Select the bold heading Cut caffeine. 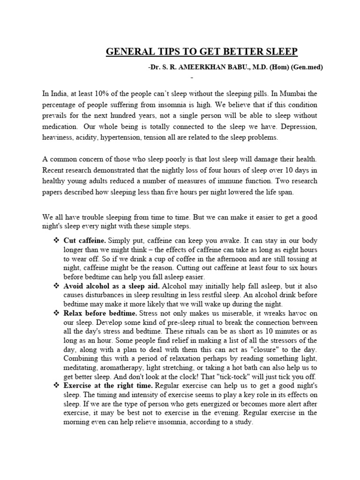(x=83, y=240)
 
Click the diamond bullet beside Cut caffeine (x=56, y=240)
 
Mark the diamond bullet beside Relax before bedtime (x=56, y=313)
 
